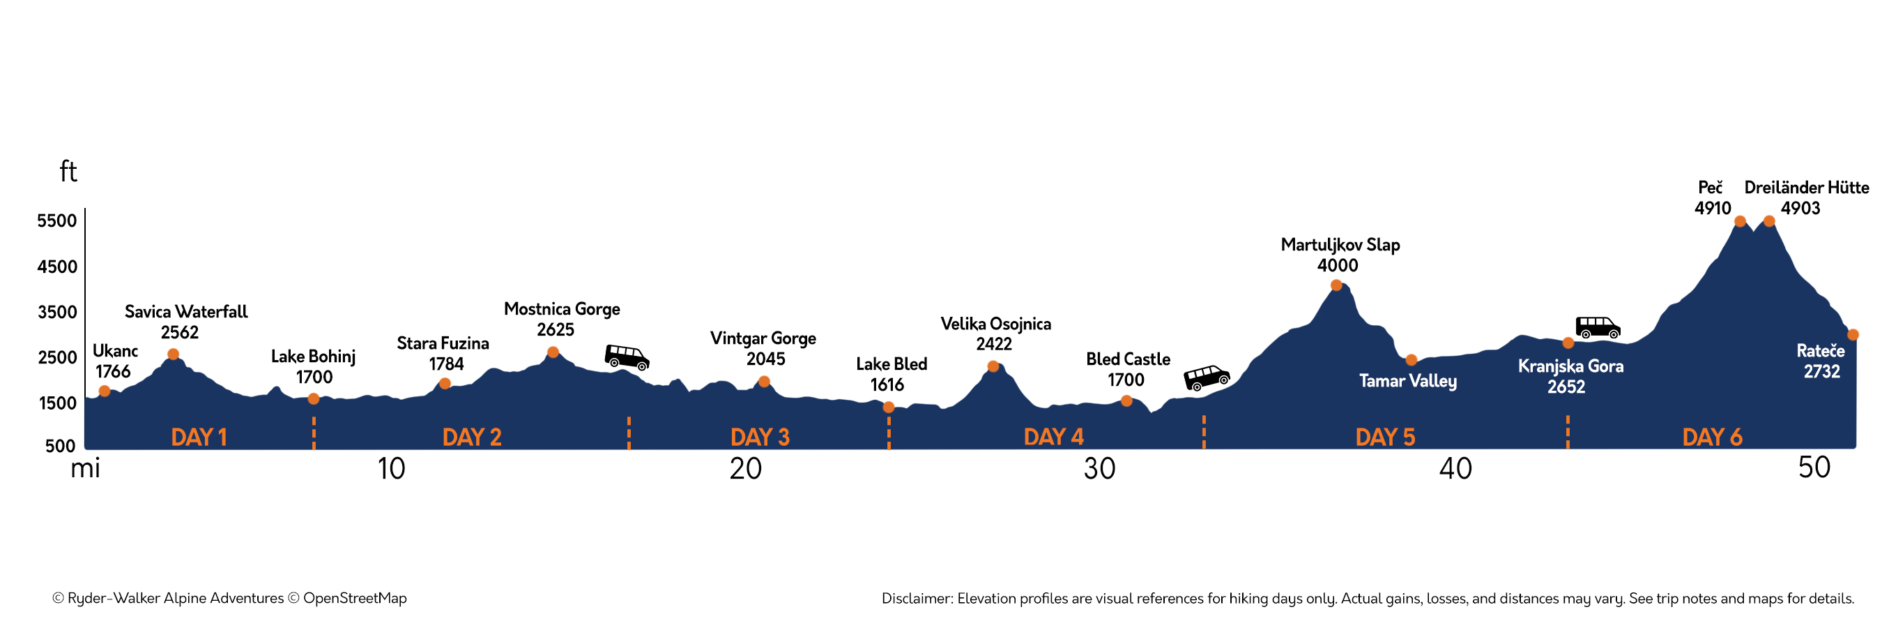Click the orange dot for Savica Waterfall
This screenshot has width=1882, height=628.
pyautogui.click(x=173, y=354)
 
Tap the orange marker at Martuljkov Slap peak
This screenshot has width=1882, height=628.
pyautogui.click(x=1336, y=285)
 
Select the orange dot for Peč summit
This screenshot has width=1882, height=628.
pyautogui.click(x=1740, y=221)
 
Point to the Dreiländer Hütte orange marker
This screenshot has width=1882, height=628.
pyautogui.click(x=1769, y=221)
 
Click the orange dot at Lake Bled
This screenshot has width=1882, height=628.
pyautogui.click(x=889, y=408)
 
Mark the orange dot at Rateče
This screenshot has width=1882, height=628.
pyautogui.click(x=1853, y=335)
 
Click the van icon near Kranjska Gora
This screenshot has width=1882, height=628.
pyautogui.click(x=1597, y=327)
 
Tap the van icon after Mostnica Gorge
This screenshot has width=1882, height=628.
pyautogui.click(x=627, y=357)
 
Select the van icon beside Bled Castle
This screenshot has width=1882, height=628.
pyautogui.click(x=1206, y=377)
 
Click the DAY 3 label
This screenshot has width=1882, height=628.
pyautogui.click(x=760, y=438)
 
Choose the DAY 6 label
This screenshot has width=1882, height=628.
pyautogui.click(x=1712, y=438)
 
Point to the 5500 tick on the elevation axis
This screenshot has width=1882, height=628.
pyautogui.click(x=57, y=220)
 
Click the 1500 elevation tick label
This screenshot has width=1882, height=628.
pyautogui.click(x=57, y=403)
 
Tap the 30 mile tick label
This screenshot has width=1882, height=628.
pyautogui.click(x=1099, y=469)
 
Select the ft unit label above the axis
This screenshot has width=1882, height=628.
pyautogui.click(x=68, y=172)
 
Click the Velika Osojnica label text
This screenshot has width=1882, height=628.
pyautogui.click(x=995, y=324)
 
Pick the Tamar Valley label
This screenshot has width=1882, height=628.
pyautogui.click(x=1407, y=381)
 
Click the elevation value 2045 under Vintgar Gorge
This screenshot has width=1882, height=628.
pyautogui.click(x=765, y=359)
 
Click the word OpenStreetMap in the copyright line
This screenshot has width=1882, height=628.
pyautogui.click(x=354, y=598)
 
